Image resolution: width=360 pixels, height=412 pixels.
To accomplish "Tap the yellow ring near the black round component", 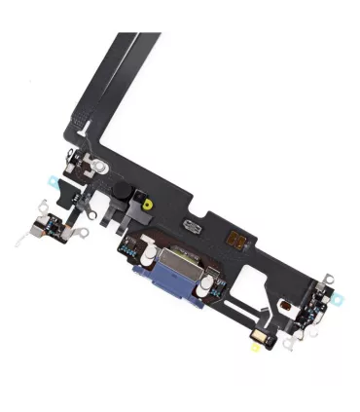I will (x=145, y=205).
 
